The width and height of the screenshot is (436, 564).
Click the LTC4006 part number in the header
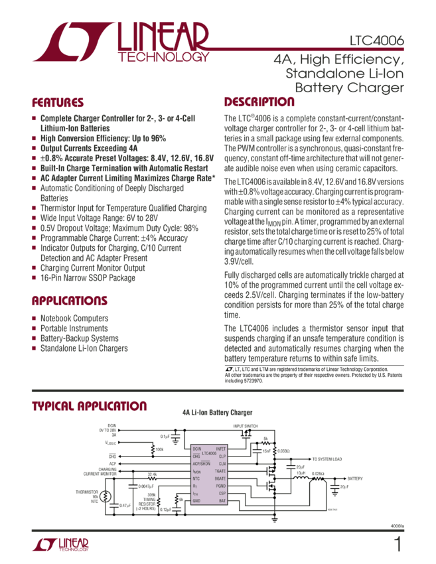[x=377, y=40]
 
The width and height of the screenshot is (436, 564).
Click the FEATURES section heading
[x=58, y=103]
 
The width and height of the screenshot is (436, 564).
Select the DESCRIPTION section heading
[x=259, y=102]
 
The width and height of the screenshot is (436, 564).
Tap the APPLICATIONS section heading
[x=70, y=301]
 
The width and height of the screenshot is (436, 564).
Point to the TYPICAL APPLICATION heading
[x=89, y=406]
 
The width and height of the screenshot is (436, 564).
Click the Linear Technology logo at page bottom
[x=60, y=545]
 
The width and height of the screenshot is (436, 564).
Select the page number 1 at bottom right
[x=398, y=545]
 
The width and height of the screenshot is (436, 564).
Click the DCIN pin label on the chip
[x=196, y=449]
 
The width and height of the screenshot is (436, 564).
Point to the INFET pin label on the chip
[x=221, y=449]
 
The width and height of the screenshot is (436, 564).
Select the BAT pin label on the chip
[x=223, y=500]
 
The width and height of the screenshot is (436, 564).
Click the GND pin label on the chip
[x=196, y=500]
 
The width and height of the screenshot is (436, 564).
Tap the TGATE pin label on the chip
[x=220, y=470]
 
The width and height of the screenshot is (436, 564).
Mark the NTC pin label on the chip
[x=196, y=478]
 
